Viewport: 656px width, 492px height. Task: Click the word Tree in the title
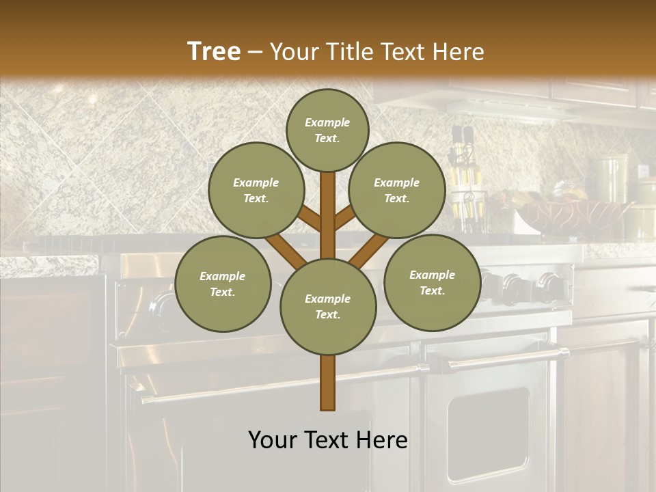[214, 52]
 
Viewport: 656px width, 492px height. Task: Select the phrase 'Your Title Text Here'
[377, 52]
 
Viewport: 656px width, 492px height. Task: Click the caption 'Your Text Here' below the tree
[327, 440]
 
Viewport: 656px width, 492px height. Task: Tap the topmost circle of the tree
[327, 130]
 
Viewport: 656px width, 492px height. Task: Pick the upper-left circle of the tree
[256, 190]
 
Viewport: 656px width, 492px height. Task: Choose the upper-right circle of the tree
[397, 190]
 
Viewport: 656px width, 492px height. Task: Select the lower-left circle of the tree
[223, 284]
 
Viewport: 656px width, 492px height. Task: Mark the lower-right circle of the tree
[432, 282]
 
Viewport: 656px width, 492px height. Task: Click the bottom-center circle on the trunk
[328, 307]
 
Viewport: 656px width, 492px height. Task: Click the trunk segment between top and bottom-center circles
[328, 215]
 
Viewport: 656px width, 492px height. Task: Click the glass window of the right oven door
[488, 434]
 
